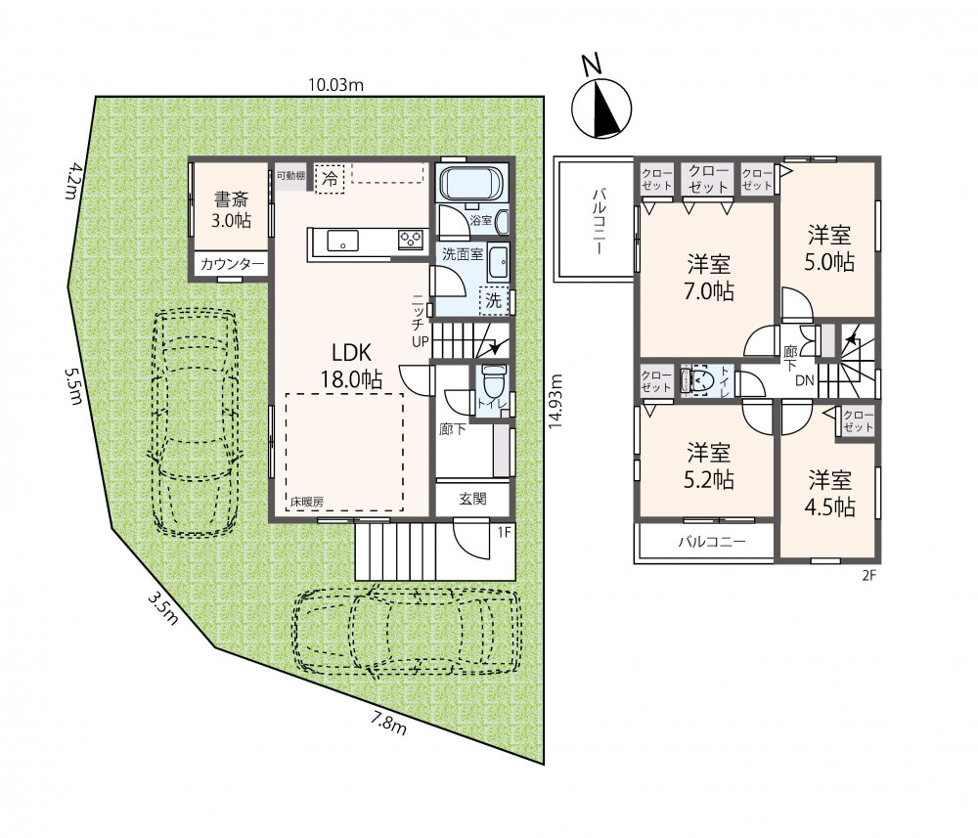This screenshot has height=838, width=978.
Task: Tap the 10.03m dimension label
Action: pos(335,85)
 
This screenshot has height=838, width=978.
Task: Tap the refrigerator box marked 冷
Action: pos(330,179)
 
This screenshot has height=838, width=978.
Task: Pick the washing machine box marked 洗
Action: pos(493,300)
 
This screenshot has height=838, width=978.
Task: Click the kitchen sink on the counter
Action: pos(341,240)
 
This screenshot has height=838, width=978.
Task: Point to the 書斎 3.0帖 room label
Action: pos(232,210)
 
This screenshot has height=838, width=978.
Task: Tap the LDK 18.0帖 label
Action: pos(352,366)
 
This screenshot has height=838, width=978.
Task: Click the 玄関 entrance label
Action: pos(472,500)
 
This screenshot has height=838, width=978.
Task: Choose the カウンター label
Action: pos(232,264)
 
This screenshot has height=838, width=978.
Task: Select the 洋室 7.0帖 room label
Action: pos(709,278)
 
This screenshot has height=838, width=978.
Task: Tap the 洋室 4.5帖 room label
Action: pos(830,494)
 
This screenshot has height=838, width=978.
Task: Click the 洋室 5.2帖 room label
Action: pos(709,465)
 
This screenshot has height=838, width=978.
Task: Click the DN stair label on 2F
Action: pos(804,379)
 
